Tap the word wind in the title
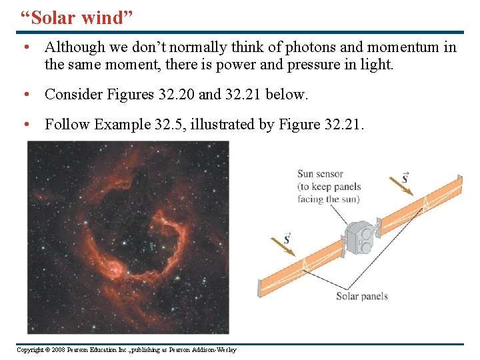click(x=103, y=18)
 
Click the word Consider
click(x=72, y=95)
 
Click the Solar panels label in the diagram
click(x=361, y=296)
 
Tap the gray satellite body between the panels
click(x=359, y=239)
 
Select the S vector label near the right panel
click(x=405, y=177)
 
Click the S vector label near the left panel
click(x=287, y=238)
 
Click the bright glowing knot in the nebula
click(x=114, y=269)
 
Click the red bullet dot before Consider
click(x=25, y=95)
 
